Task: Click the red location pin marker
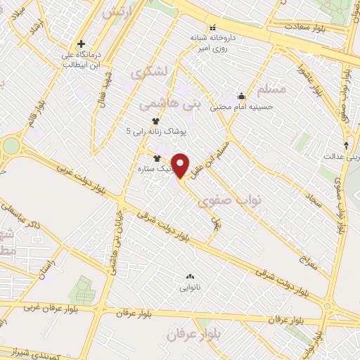(181, 166)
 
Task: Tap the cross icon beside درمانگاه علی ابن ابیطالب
(82, 44)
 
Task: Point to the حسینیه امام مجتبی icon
(242, 96)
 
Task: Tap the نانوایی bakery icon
(189, 276)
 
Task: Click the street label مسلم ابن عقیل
(214, 148)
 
